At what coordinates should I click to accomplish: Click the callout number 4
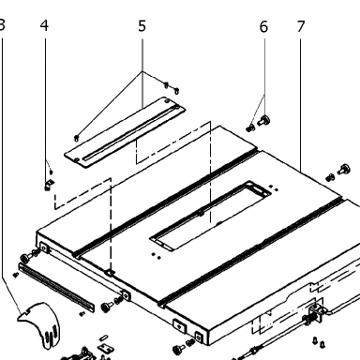tap(44, 25)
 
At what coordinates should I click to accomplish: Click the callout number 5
tap(142, 26)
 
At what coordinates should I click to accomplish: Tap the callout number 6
tap(263, 27)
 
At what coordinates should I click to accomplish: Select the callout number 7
tap(301, 26)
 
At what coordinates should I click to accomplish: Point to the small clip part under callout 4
tap(49, 185)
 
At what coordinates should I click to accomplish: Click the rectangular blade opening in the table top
tap(210, 215)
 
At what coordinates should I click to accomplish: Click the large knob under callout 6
tap(264, 121)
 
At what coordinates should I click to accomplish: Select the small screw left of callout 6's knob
tap(250, 127)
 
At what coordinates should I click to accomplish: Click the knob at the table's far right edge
tap(344, 169)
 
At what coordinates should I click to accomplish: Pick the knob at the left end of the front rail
tap(26, 257)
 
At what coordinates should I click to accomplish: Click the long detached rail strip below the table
tap(56, 287)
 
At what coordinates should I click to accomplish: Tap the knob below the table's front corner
tap(179, 349)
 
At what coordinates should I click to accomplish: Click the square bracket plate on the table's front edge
tap(179, 326)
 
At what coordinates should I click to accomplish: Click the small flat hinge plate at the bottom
tap(105, 348)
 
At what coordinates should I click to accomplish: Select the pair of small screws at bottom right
tap(319, 342)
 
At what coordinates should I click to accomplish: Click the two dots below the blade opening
tap(157, 256)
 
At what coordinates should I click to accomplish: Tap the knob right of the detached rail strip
tap(108, 307)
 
